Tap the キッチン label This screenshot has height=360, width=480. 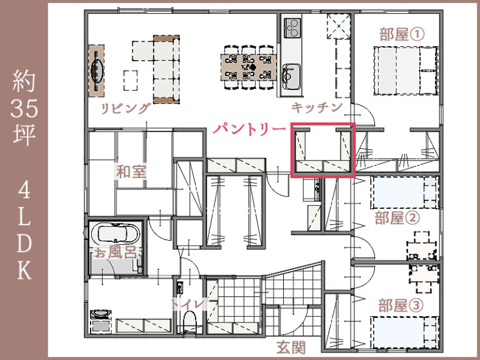click(317, 108)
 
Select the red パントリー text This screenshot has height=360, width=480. click(248, 129)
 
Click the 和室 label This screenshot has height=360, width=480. click(131, 171)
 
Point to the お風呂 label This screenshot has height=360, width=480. click(115, 252)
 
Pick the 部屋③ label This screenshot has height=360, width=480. click(400, 306)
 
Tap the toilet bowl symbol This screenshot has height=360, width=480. click(191, 323)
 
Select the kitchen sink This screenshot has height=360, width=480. click(290, 77)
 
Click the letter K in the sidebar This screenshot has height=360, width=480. click(25, 269)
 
